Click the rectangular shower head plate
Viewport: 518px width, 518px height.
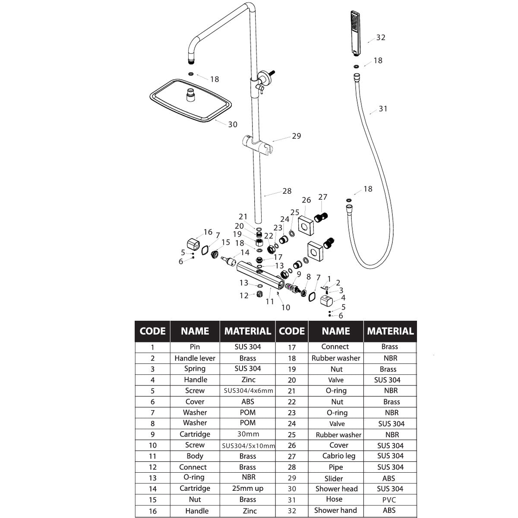(191, 101)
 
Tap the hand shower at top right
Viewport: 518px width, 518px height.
(355, 33)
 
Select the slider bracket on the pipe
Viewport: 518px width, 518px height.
(257, 145)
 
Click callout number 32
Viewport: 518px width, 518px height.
(381, 38)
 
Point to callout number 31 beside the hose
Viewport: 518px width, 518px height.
(383, 109)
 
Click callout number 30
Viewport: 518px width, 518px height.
(233, 124)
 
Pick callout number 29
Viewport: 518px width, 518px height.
(297, 136)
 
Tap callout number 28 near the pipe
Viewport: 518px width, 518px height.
(287, 191)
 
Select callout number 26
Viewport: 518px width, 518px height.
(306, 200)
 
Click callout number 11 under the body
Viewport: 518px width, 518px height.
(270, 302)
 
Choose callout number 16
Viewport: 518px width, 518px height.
(208, 232)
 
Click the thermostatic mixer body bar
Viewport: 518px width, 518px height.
(260, 275)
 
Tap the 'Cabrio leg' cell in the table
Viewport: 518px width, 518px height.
(339, 456)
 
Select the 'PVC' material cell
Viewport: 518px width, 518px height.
(389, 500)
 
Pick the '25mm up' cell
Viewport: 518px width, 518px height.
(248, 488)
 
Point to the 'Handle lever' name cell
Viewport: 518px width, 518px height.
(195, 358)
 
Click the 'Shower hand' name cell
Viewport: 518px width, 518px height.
(335, 510)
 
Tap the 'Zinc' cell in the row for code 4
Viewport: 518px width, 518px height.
(248, 380)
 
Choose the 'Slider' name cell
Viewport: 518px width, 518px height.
(334, 478)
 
